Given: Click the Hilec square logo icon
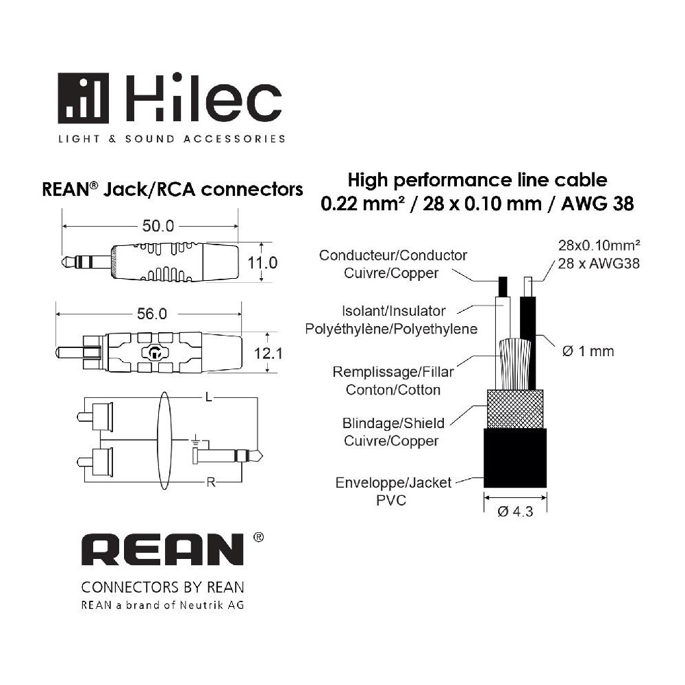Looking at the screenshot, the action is tap(83, 98).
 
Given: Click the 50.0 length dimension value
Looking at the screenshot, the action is tap(158, 226).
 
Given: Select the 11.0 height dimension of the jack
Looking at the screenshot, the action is tap(262, 262).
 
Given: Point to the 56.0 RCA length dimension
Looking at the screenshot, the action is tap(151, 314).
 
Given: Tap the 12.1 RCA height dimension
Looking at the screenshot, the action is tap(268, 353).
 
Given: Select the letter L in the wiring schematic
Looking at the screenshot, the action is tap(208, 397).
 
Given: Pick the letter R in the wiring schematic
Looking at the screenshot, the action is tap(210, 482).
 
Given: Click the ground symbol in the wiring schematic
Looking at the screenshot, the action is tap(195, 440).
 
